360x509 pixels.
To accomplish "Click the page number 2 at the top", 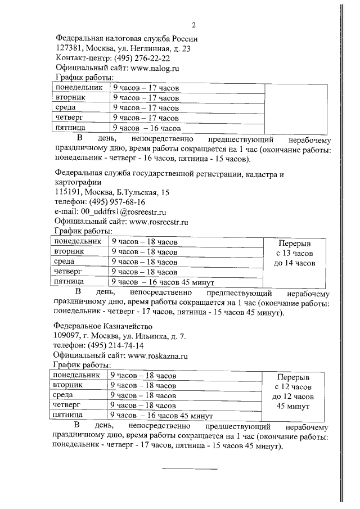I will point(193,25).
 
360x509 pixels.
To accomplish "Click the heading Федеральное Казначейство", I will point(102,326).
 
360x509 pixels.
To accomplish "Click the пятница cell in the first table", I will point(70,128).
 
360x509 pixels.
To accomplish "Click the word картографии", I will point(78,182).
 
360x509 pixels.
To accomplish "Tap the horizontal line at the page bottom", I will point(190,469).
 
